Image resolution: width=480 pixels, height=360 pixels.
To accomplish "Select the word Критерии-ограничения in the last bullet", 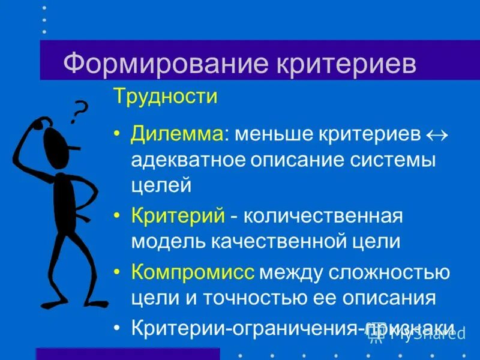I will tap(246, 328).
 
